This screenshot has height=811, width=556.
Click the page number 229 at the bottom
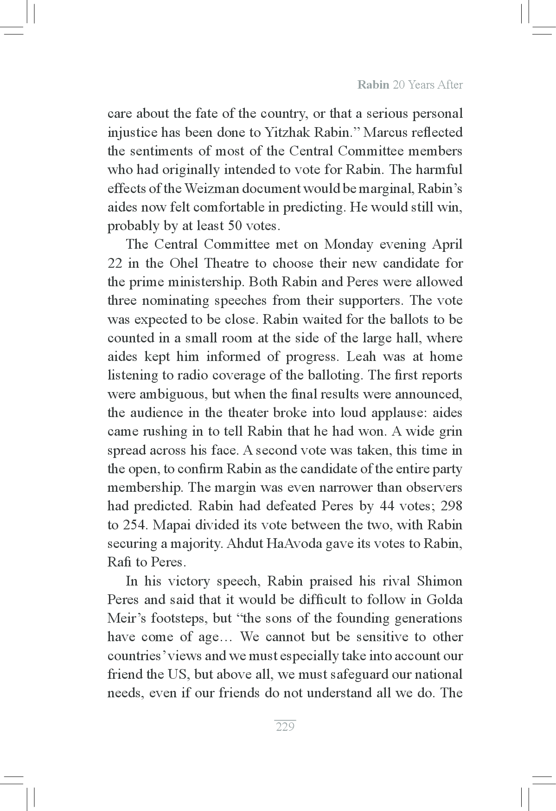pyautogui.click(x=285, y=727)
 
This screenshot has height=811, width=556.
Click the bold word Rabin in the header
pyautogui.click(x=373, y=85)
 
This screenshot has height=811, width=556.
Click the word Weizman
pyautogui.click(x=207, y=189)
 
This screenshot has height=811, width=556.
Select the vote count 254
pyautogui.click(x=134, y=525)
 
